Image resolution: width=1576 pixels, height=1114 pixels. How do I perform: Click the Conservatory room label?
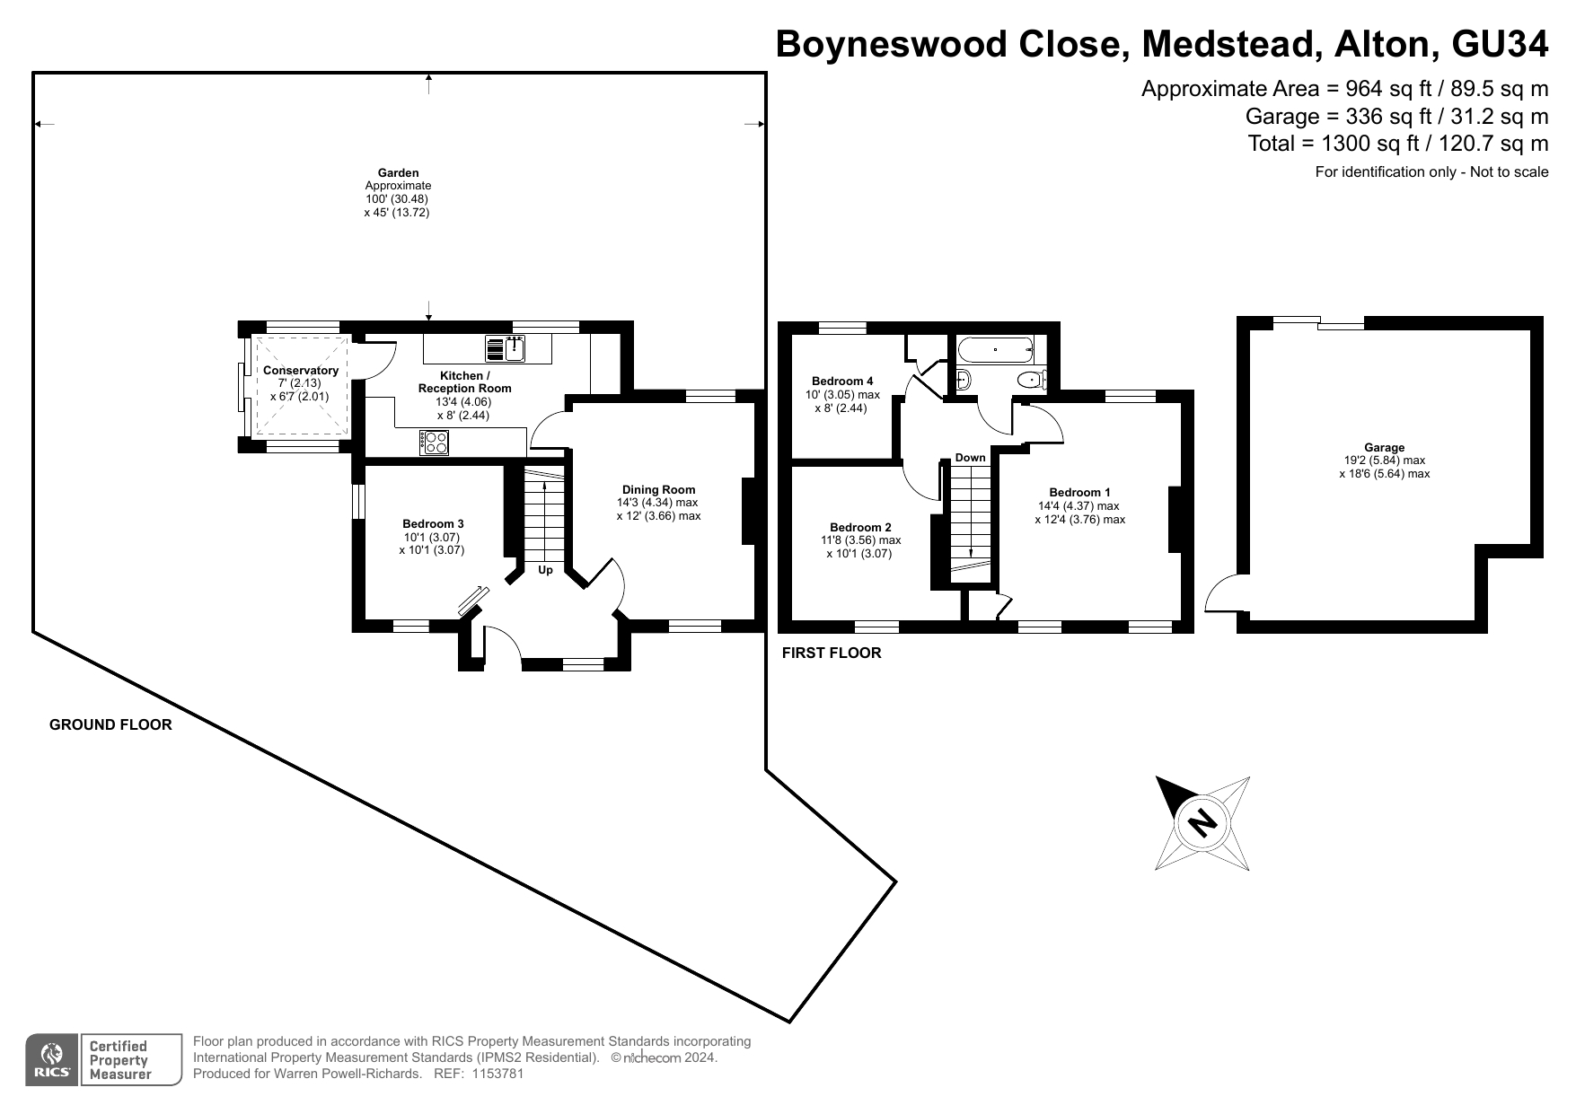click(x=301, y=371)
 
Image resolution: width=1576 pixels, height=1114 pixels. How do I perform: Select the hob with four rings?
click(x=435, y=441)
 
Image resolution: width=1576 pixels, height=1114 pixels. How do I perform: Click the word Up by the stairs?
click(x=545, y=570)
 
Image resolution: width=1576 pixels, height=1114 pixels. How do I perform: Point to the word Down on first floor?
click(x=970, y=458)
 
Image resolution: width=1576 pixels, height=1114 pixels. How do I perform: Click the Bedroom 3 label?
click(x=433, y=524)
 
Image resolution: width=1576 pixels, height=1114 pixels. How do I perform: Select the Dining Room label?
click(x=658, y=490)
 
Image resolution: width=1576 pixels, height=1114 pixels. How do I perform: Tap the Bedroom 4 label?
click(x=842, y=382)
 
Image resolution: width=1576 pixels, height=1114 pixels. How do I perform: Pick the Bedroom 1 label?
click(x=1079, y=493)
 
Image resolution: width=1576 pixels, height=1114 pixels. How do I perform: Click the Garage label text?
click(x=1384, y=448)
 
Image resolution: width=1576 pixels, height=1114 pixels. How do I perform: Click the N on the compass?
click(x=1201, y=821)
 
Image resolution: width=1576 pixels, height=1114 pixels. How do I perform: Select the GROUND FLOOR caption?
click(x=110, y=725)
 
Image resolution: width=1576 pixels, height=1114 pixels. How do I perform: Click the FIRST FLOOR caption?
click(x=831, y=653)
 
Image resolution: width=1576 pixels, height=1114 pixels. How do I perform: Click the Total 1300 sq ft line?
click(x=1397, y=144)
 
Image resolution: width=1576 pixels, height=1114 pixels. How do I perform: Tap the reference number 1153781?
click(x=491, y=1074)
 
